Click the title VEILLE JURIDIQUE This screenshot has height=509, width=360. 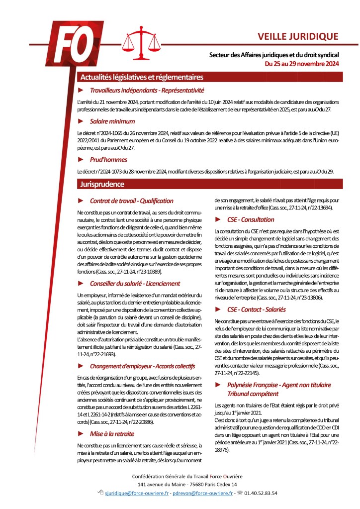click(x=298, y=36)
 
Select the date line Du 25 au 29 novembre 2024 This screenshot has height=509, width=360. click(x=302, y=64)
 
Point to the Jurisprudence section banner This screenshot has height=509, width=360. click(x=103, y=184)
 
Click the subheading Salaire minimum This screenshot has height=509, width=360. click(x=112, y=121)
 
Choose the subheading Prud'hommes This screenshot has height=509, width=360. click(x=108, y=160)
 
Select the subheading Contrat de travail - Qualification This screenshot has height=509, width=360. click(x=131, y=201)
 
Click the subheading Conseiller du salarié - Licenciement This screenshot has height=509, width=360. click(x=135, y=283)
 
